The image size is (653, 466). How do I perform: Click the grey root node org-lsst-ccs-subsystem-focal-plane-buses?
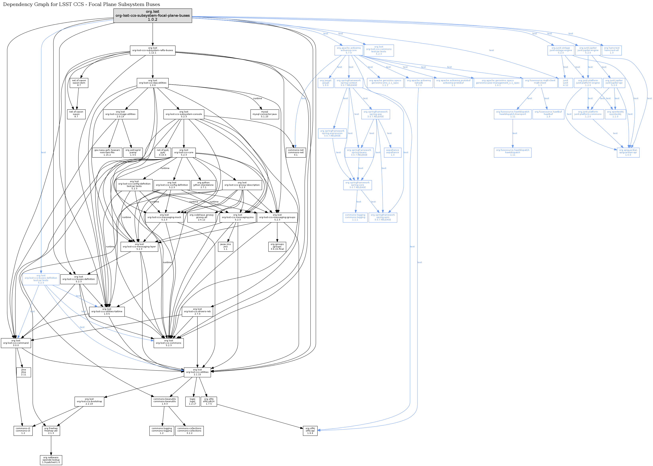[x=152, y=16]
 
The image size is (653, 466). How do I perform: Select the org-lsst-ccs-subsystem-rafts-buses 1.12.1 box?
[x=152, y=50]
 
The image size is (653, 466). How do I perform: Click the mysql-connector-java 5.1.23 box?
[x=264, y=114]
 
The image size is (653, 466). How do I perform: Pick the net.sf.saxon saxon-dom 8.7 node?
[x=79, y=83]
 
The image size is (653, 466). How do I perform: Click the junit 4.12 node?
[x=565, y=83]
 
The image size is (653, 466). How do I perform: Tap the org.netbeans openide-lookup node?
[x=51, y=460]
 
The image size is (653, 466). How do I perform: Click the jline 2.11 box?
[x=24, y=372]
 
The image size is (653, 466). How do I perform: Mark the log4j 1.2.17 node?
[x=192, y=401]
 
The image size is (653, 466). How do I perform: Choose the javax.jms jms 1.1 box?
[x=225, y=247]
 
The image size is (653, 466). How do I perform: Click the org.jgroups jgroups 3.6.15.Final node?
[x=277, y=247]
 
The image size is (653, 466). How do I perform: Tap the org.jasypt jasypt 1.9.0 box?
[x=326, y=83]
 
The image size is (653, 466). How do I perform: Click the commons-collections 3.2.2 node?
[x=189, y=431]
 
